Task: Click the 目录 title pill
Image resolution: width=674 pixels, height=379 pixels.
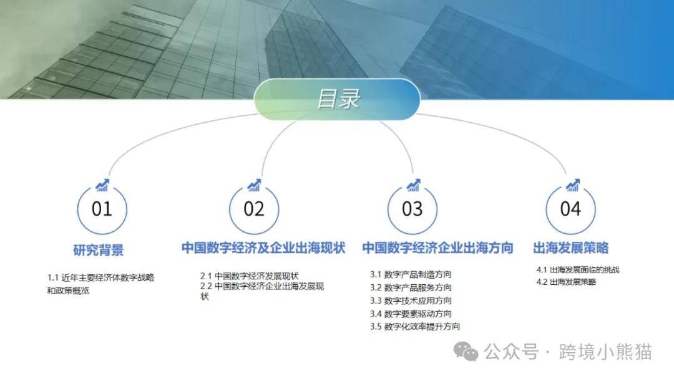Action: [x=337, y=98]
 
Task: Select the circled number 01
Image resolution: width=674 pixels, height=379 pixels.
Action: [x=102, y=209]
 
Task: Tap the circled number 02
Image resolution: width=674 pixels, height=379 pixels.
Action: [x=254, y=209]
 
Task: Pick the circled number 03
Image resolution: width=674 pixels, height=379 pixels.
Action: [x=413, y=209]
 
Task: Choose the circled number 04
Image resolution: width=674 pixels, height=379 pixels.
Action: [x=570, y=209]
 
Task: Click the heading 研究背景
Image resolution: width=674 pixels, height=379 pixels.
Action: [x=99, y=250]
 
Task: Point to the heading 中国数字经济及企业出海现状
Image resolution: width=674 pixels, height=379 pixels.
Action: [x=263, y=247]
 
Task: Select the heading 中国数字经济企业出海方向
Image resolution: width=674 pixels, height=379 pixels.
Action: [x=437, y=247]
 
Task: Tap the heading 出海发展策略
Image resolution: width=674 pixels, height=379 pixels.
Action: [x=571, y=247]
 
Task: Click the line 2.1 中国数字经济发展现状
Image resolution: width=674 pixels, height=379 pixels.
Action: [x=249, y=276]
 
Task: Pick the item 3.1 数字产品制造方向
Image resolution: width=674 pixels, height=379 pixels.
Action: [x=411, y=274]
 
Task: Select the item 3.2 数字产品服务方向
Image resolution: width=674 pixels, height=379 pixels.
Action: [x=411, y=287]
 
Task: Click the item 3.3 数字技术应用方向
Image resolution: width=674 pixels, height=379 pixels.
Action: [x=411, y=301]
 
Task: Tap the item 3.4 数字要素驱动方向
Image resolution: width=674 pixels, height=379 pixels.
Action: [x=411, y=314]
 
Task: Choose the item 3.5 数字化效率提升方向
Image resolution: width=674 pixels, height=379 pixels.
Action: [x=415, y=327]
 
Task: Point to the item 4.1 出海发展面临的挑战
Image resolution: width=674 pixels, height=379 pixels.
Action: [x=578, y=270]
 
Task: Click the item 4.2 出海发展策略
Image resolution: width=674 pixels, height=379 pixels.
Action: [x=566, y=282]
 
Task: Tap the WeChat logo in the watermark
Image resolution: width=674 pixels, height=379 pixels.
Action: [x=466, y=352]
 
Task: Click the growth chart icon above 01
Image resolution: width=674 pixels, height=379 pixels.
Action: [x=102, y=185]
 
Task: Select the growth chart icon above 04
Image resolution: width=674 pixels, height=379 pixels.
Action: [x=572, y=185]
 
